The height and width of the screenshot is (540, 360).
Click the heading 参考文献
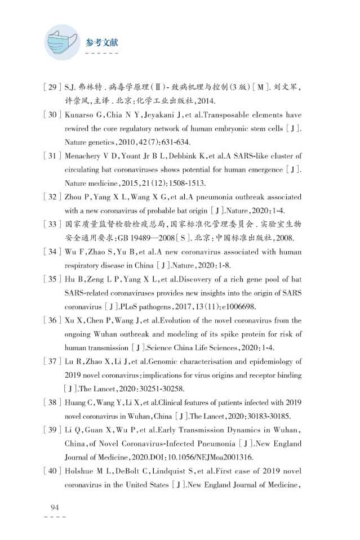pos(102,43)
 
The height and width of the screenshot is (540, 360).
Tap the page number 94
pos(55,508)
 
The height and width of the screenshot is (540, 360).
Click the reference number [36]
pos(51,320)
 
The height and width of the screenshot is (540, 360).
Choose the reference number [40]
pos(51,471)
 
